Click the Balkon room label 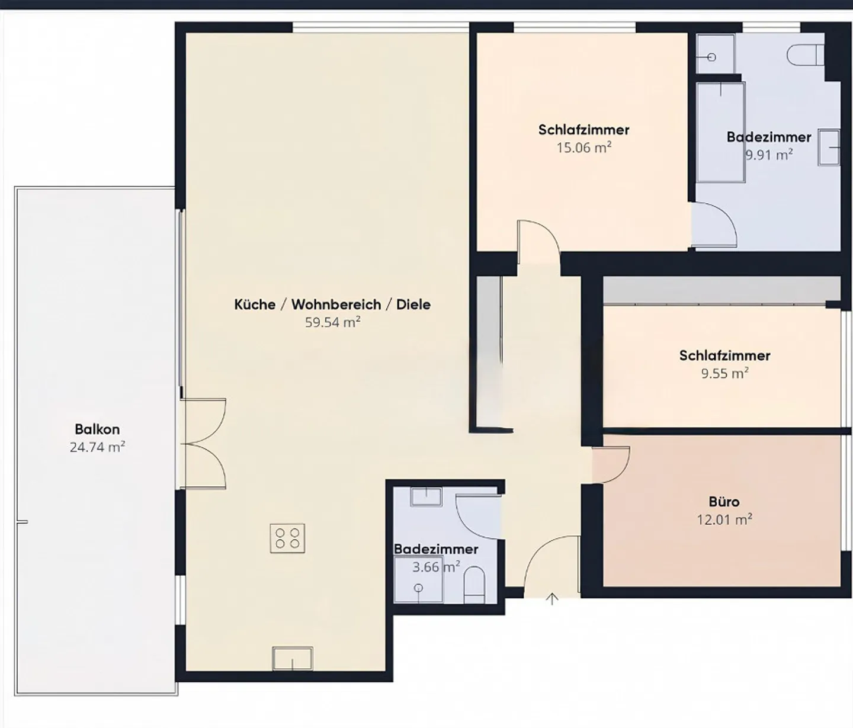click(x=97, y=429)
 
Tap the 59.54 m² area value click(x=332, y=322)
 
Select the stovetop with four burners click(x=287, y=538)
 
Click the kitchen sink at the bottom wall click(x=292, y=658)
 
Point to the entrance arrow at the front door click(x=552, y=599)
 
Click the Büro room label click(x=724, y=502)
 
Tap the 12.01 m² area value click(x=724, y=520)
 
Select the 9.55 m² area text click(x=724, y=374)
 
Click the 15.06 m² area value click(x=583, y=147)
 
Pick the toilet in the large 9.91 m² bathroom click(x=806, y=56)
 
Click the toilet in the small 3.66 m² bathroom click(x=474, y=585)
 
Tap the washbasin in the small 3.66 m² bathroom click(x=426, y=496)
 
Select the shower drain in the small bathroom click(x=419, y=588)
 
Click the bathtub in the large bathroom click(x=720, y=133)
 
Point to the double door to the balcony click(x=203, y=443)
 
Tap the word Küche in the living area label click(x=255, y=304)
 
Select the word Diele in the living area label click(x=413, y=304)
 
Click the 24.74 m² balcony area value click(x=97, y=447)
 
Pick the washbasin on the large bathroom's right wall click(x=829, y=147)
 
